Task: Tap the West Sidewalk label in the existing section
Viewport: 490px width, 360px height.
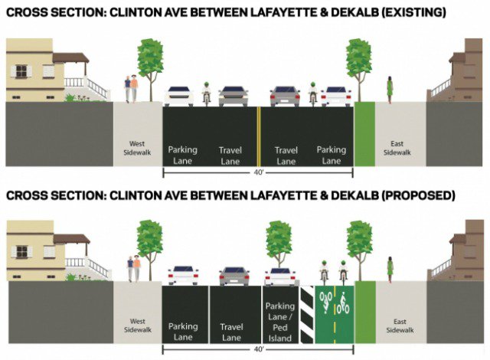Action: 138,148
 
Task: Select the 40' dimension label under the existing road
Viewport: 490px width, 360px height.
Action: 258,172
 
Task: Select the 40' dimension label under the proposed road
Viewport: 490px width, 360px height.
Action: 258,349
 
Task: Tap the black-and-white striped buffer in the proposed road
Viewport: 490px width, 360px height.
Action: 306,314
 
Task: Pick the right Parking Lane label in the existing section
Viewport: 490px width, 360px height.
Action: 332,155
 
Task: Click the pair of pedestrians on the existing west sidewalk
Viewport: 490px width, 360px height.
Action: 132,88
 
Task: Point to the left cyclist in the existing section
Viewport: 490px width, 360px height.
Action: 206,92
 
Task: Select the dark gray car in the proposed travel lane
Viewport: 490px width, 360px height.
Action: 234,275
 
